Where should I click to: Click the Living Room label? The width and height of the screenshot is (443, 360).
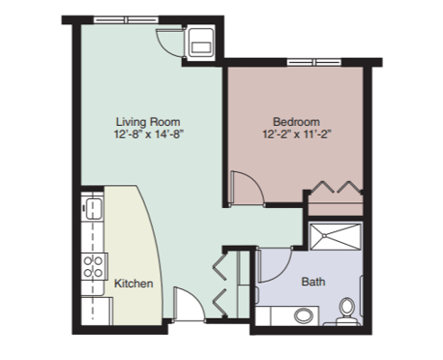(x=148, y=121)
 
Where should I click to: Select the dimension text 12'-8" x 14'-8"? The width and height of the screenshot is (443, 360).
(x=148, y=134)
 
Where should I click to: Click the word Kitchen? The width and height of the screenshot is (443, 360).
(x=132, y=283)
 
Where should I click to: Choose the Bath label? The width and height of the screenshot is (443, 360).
(x=313, y=282)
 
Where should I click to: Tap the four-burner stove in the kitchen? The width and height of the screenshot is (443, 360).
(x=93, y=265)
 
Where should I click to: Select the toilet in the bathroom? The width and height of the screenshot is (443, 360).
(x=344, y=312)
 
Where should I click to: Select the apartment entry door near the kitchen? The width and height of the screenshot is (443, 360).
(x=185, y=305)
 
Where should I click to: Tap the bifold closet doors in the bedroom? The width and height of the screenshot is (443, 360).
(x=335, y=189)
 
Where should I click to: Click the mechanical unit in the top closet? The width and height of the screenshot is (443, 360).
(x=200, y=39)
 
